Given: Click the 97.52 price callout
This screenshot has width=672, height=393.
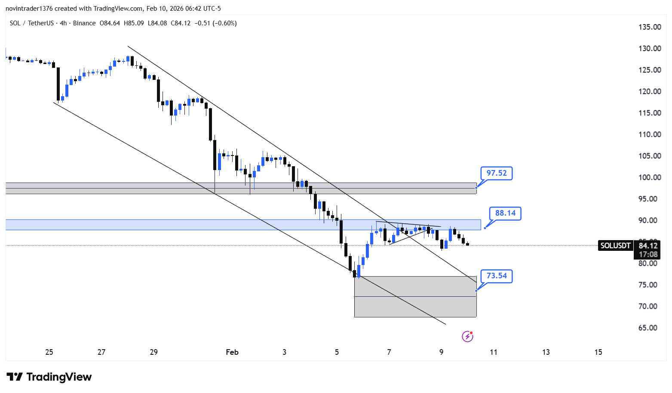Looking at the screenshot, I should pos(497,173).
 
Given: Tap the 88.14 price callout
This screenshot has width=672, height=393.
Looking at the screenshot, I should pos(505,213).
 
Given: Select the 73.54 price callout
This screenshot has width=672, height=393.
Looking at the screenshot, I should pos(497,276).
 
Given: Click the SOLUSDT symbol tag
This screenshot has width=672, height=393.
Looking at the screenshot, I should pos(615,246).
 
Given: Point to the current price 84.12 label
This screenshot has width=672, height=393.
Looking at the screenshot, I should pos(648,246).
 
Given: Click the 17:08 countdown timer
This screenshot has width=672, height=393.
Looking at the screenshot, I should pos(648,254).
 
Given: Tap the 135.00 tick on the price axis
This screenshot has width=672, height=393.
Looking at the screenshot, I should pos(650,27).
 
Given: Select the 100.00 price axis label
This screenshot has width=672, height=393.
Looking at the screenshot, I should pos(650,177).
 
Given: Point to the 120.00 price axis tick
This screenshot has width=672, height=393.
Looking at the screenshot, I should pos(650,91).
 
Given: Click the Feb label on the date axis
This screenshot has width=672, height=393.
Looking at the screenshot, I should pos(232,352).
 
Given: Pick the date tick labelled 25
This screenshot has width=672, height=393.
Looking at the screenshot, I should pos(49,352).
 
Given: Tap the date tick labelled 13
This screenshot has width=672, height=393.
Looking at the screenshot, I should pos(546,352).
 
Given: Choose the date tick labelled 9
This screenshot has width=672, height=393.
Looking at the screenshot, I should pos(441,352).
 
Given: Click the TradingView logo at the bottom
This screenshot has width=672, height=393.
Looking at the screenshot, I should pos(49,377).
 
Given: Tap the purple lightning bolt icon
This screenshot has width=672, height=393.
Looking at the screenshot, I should pos(467,336).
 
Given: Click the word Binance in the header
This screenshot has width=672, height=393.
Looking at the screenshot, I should pos(84,23).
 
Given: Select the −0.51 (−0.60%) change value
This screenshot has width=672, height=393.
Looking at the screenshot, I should pos(215,23).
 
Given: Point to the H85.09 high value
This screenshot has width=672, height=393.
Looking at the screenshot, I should pos(134,23).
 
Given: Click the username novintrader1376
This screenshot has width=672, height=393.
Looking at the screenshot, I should pos(29,9).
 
